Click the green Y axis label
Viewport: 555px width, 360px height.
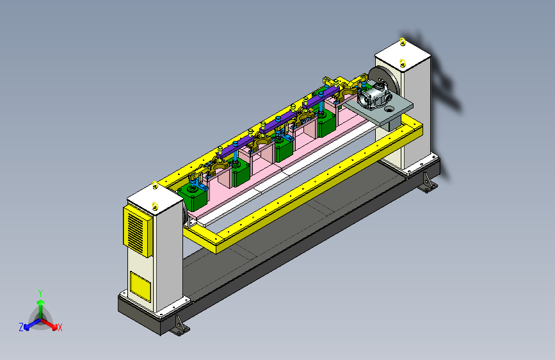click(40, 293)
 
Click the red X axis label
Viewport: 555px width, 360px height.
click(60, 328)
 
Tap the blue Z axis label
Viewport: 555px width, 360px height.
click(21, 327)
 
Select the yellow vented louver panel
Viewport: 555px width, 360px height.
click(138, 231)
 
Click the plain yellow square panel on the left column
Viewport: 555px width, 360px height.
click(140, 286)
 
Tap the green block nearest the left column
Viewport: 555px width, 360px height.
click(193, 199)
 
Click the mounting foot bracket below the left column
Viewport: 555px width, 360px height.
click(179, 325)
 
